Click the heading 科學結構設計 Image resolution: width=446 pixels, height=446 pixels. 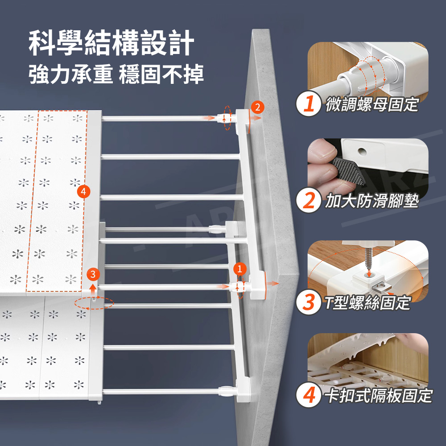tap(111, 43)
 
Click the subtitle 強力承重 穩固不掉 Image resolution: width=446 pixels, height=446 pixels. tap(116, 74)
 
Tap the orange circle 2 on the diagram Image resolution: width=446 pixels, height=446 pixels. tap(257, 107)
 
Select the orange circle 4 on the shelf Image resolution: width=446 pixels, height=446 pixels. tap(84, 192)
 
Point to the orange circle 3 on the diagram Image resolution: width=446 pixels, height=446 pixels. tap(93, 274)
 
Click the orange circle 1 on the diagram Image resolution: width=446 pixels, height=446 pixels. tap(240, 269)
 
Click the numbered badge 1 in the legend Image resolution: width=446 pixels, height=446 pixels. tap(309, 103)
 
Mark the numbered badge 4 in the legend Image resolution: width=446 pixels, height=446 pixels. tap(309, 395)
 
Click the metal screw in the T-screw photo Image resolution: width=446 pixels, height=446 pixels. tap(369, 259)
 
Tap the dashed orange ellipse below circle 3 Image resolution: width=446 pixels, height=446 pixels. tap(94, 303)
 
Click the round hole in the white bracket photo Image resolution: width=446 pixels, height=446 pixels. tap(362, 151)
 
